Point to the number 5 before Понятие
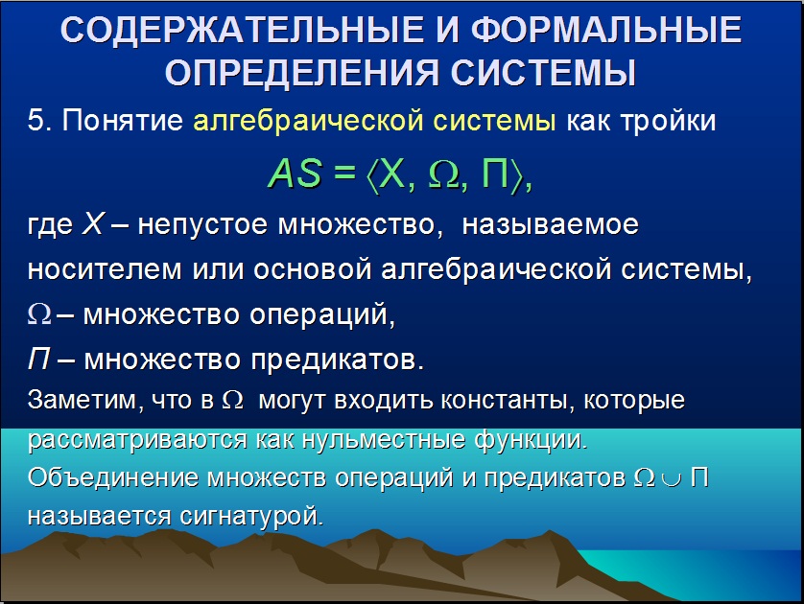[x=35, y=121]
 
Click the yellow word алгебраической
[x=309, y=122]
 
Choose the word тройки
[x=668, y=122]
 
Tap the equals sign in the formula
[x=344, y=173]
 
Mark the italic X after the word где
[x=93, y=224]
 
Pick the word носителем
[x=105, y=269]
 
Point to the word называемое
[x=550, y=225]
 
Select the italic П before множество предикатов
[x=39, y=359]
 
